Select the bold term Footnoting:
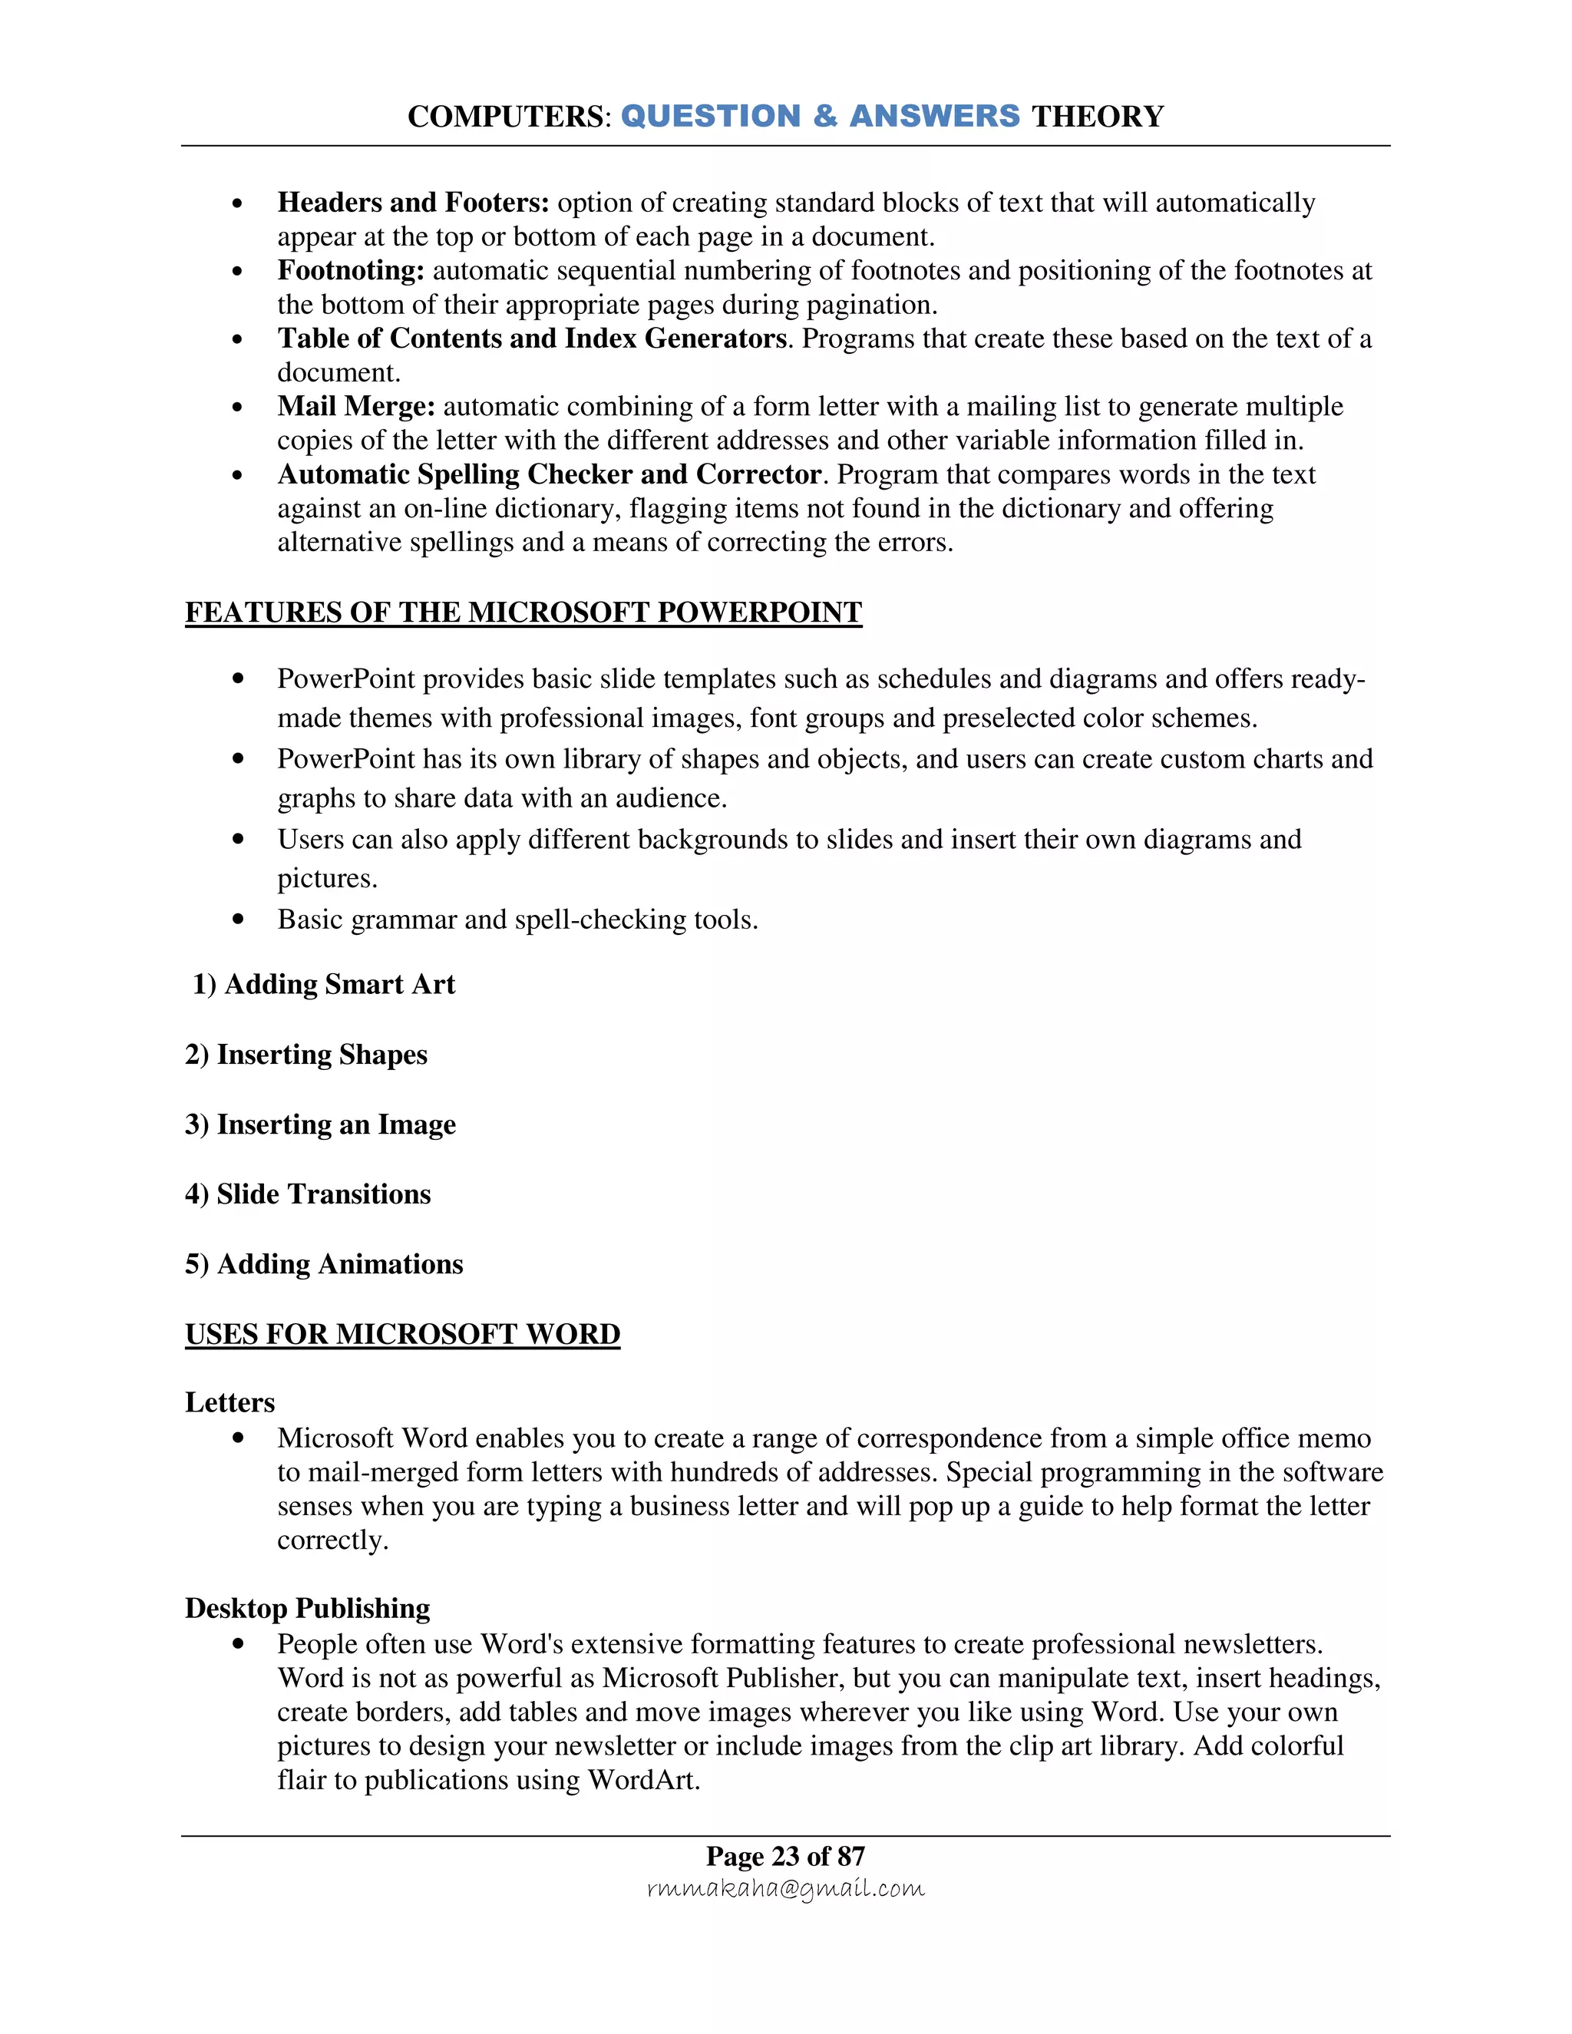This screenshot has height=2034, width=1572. tap(351, 270)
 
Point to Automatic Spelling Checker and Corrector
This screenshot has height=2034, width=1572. tap(549, 474)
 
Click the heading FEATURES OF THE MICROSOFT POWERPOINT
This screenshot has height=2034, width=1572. tap(523, 612)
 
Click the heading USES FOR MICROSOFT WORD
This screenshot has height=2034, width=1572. tap(402, 1334)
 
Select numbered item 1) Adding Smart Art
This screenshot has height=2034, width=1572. tap(323, 985)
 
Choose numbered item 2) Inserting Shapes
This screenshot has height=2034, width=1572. tap(305, 1055)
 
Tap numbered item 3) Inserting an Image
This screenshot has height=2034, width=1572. tap(319, 1124)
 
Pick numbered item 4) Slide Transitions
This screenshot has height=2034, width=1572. tap(307, 1194)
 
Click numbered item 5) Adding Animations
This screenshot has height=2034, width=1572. tap(323, 1264)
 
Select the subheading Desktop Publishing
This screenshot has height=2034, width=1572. tap(307, 1608)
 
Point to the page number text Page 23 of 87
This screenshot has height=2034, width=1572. tap(785, 1856)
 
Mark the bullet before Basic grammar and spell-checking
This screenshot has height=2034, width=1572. tap(239, 920)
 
